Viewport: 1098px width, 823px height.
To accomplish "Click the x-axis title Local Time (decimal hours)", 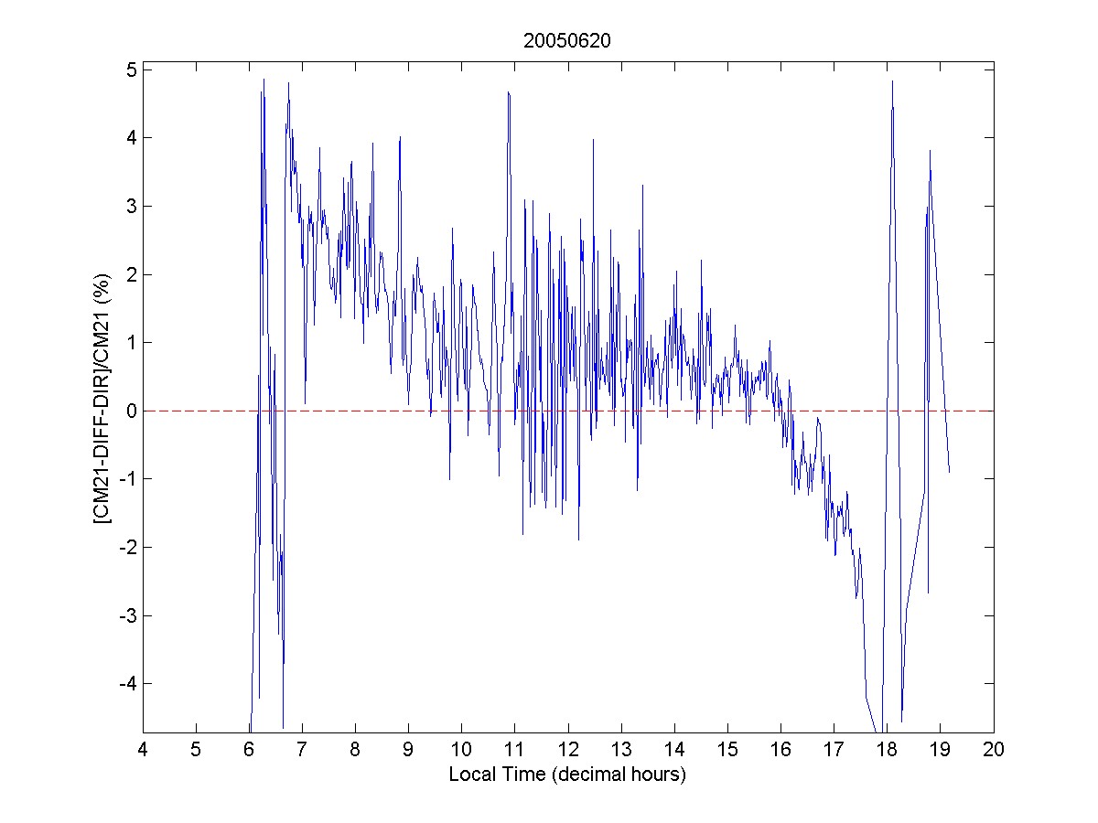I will click(x=567, y=775).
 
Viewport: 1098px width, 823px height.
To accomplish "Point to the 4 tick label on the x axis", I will click(x=142, y=750).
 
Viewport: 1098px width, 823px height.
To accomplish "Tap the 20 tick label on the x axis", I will click(x=994, y=750).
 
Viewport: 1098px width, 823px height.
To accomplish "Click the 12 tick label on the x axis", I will click(x=567, y=750).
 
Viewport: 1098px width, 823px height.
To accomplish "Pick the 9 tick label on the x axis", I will click(x=408, y=750).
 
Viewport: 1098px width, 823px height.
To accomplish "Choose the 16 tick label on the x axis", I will click(x=780, y=750).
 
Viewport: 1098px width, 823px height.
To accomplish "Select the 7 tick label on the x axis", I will click(x=302, y=750).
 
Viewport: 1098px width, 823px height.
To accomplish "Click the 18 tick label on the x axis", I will click(x=887, y=750).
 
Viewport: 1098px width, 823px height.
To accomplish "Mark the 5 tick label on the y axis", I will click(x=131, y=69).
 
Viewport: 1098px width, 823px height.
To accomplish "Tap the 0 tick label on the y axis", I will click(x=131, y=411).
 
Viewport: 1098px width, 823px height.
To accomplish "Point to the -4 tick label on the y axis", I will click(x=127, y=684).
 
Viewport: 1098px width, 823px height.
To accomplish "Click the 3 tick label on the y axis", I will click(x=131, y=206).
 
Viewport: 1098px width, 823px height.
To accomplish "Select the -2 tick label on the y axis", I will click(x=127, y=547).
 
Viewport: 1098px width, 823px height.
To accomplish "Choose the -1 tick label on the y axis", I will click(x=127, y=479).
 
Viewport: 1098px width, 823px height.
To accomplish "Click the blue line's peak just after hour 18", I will click(x=892, y=81).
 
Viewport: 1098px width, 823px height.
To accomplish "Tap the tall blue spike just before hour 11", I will click(x=507, y=92).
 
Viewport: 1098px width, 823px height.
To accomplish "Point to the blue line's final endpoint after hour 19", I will click(x=950, y=472).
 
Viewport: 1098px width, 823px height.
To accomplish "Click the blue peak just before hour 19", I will click(x=930, y=151).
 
